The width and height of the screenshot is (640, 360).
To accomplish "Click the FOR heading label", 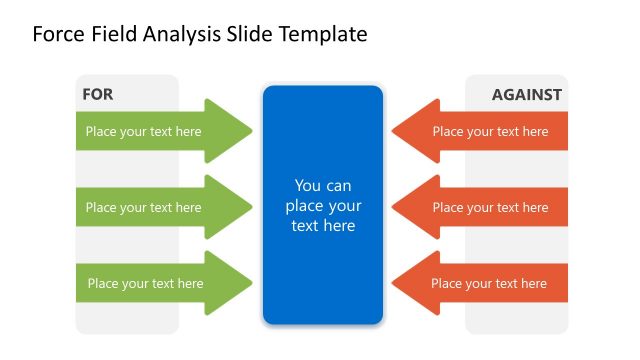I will [98, 95].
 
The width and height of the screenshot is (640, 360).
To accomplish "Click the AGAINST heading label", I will [526, 95].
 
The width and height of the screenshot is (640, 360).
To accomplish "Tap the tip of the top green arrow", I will [251, 131].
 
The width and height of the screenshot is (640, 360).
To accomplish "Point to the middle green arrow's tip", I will [251, 207].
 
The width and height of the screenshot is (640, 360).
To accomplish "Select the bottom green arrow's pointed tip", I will [251, 283].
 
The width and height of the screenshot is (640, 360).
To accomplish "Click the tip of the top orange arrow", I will [393, 131].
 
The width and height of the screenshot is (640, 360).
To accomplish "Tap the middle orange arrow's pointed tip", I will [393, 207].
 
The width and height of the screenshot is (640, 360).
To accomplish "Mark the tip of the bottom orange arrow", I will [393, 283].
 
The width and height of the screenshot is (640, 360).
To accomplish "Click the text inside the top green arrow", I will [143, 131].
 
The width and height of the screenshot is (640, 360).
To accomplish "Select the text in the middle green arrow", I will [143, 208].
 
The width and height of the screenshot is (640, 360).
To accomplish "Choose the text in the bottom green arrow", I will [145, 284].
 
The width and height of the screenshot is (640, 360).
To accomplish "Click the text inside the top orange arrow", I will [490, 131].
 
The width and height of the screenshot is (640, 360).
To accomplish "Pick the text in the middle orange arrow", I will [490, 208].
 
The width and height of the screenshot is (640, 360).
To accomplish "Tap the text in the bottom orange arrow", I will [489, 284].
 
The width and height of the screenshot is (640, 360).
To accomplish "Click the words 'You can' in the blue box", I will [323, 186].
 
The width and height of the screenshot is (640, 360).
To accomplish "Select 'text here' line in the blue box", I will [323, 226].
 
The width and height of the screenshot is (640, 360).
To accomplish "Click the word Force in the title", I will [58, 35].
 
